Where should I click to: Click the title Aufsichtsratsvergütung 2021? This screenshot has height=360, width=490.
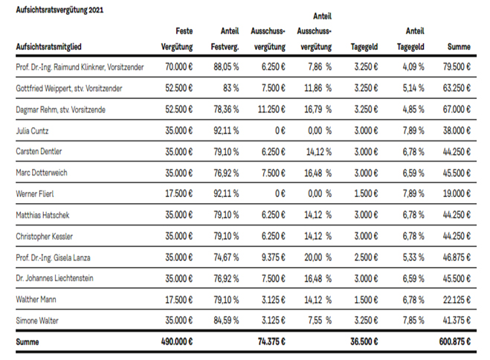59,10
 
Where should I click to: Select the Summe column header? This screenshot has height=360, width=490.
459,47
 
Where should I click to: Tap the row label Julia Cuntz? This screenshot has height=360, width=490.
32,131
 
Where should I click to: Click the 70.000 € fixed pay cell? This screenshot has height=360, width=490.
178,67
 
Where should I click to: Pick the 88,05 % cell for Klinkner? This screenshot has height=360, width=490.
226,67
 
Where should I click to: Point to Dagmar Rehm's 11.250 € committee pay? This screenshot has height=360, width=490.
271,109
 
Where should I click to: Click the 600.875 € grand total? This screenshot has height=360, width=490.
455,341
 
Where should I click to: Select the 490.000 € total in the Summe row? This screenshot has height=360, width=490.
177,341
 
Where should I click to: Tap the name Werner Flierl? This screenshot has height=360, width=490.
35,194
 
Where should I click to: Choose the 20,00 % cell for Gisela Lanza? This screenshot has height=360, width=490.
317,257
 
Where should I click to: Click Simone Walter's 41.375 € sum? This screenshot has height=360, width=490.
457,321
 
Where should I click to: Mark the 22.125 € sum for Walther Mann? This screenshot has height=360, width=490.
457,300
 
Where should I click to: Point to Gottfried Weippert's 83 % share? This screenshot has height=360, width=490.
231,88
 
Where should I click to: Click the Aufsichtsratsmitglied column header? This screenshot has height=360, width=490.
49,47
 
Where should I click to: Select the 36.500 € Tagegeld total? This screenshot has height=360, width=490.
364,341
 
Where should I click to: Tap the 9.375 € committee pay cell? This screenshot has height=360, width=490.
274,257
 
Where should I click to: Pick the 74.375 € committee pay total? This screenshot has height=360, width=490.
271,341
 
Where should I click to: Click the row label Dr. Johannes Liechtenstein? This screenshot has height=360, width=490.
55,278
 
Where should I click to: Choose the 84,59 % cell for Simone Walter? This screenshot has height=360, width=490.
226,321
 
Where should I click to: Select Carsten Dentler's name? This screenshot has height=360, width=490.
39,152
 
